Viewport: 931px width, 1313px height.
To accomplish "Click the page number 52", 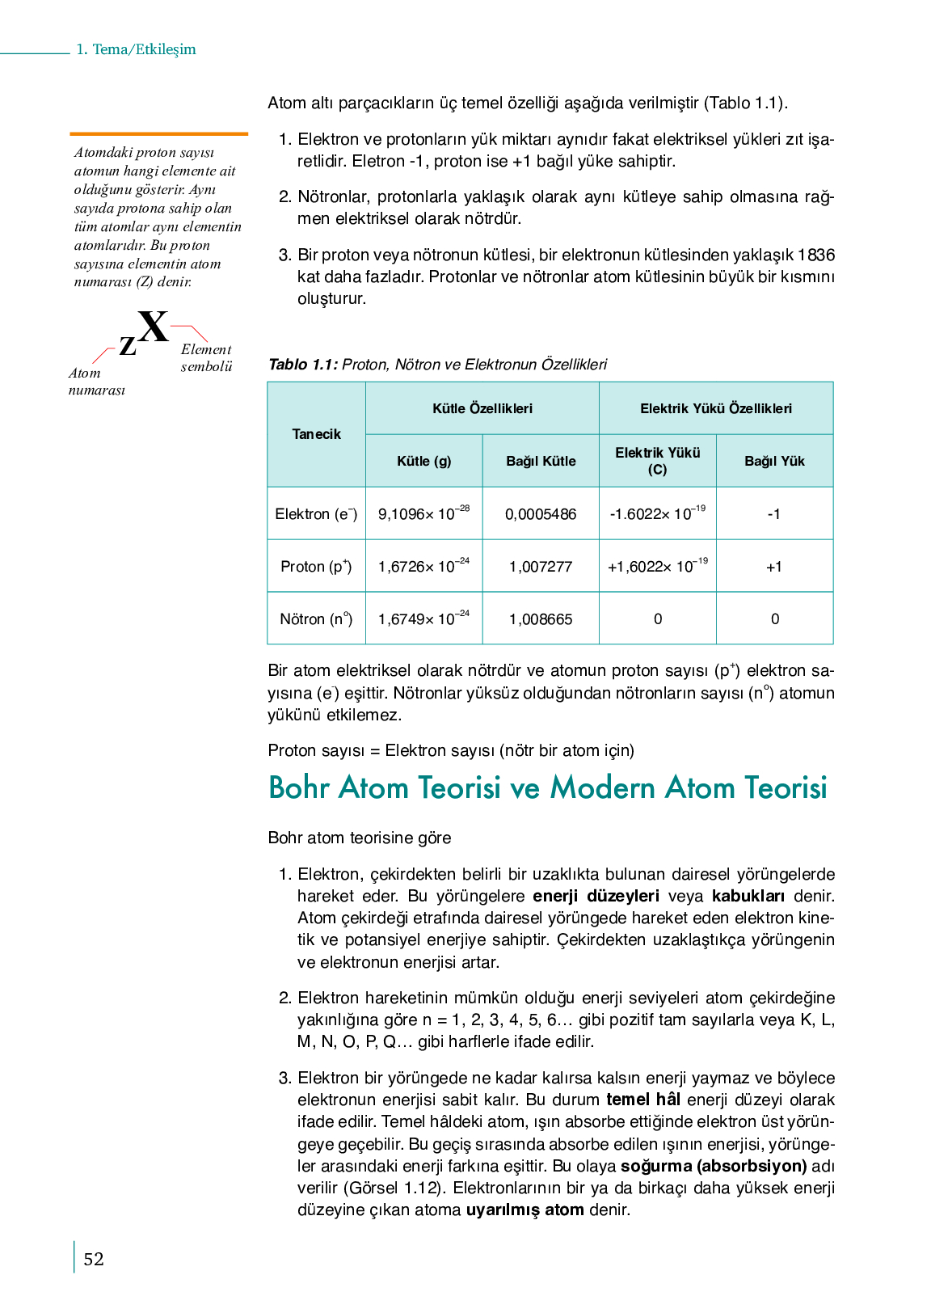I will click(x=94, y=1259).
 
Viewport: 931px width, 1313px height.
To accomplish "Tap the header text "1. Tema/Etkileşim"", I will click(x=136, y=49).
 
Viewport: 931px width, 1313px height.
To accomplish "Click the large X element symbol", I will click(x=153, y=327).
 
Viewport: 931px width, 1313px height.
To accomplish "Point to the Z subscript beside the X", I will click(x=128, y=346).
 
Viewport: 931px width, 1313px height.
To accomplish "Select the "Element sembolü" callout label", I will click(x=206, y=357).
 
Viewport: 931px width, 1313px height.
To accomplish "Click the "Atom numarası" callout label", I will click(x=96, y=382).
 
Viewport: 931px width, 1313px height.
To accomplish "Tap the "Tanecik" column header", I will click(x=316, y=434).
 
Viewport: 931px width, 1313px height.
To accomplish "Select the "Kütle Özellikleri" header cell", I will click(x=482, y=408).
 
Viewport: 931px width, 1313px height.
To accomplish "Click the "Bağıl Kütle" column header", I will click(x=541, y=461).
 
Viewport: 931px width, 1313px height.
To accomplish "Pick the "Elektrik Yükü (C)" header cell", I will click(x=657, y=461).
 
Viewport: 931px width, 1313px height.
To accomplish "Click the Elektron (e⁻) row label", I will click(x=316, y=513).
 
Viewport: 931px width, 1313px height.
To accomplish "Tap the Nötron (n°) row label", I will click(x=316, y=619).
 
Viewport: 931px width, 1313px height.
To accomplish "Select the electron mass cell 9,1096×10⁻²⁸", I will click(x=423, y=513).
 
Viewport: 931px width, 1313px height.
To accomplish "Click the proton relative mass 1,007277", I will click(x=541, y=567).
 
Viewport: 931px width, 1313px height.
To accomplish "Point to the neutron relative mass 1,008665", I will click(x=541, y=619).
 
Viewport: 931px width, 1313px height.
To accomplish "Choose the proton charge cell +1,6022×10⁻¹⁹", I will click(x=657, y=566).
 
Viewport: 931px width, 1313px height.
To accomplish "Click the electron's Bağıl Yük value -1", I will click(x=774, y=514).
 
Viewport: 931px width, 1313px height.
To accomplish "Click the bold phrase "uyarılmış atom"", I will click(x=524, y=1210).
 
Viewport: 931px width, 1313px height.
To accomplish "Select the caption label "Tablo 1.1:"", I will click(x=303, y=365).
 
